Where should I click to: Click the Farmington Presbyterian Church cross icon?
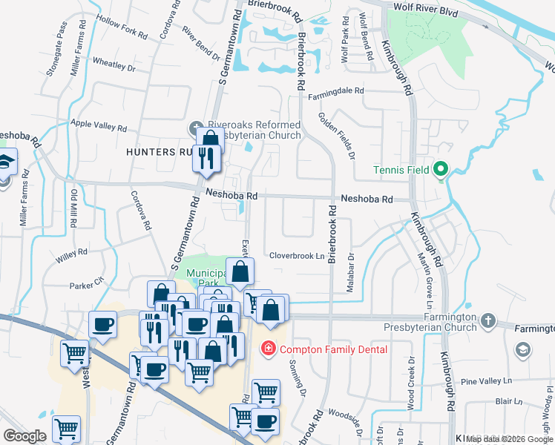coord(487,321)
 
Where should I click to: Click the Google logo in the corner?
coord(24,435)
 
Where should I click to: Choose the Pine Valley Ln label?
coord(487,381)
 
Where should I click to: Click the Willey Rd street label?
coord(71,255)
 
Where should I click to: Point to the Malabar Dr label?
coord(350,272)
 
